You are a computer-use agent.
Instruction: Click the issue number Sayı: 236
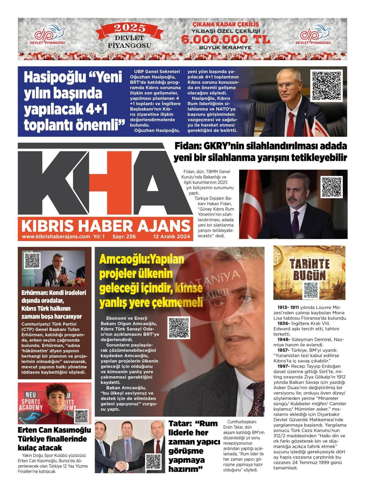pos(124,237)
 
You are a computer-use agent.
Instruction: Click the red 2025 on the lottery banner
pos(130,28)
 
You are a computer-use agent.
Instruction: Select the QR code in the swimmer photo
pos(81,416)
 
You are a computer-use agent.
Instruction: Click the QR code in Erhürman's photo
pos(32,260)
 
